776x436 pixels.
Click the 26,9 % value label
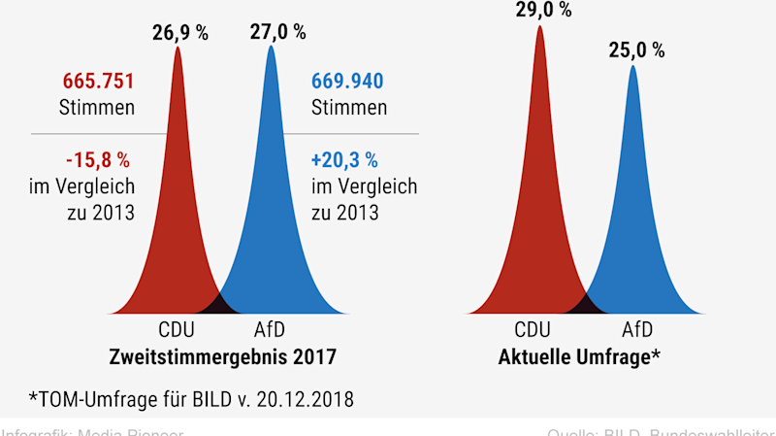[179, 32]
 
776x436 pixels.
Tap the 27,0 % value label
[277, 32]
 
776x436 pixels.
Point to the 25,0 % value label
[635, 50]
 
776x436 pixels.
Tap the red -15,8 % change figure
[98, 157]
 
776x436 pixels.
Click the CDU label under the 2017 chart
[177, 329]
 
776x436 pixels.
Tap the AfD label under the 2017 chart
[270, 329]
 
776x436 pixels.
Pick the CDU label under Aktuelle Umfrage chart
[538, 329]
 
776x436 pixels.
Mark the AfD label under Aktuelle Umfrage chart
[632, 329]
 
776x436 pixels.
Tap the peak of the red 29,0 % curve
[539, 27]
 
